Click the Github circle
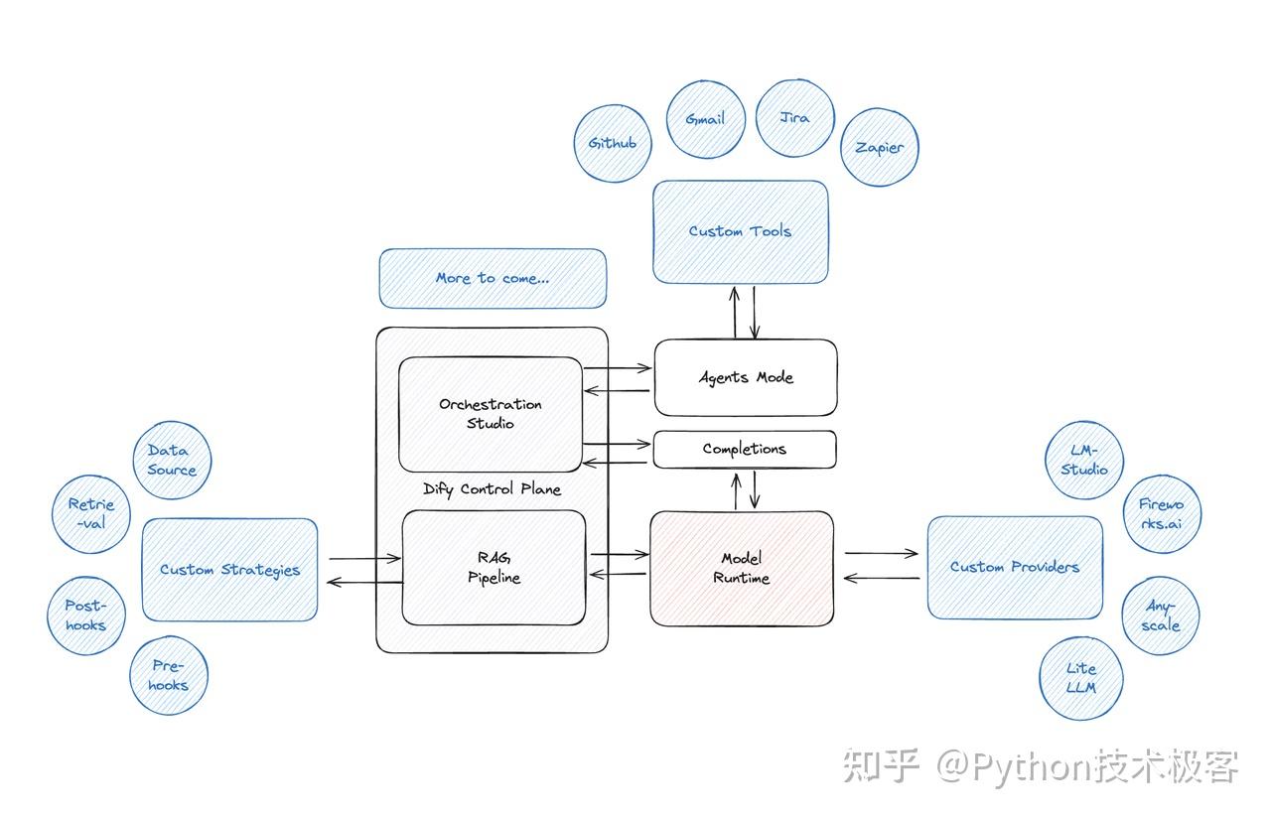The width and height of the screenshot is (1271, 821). click(612, 143)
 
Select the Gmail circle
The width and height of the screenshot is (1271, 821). click(705, 118)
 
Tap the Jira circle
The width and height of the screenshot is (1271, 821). click(794, 117)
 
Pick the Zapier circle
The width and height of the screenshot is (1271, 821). click(880, 147)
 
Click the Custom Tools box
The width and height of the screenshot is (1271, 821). click(740, 231)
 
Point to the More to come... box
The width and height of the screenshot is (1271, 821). click(492, 278)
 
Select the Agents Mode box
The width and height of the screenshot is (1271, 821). click(745, 377)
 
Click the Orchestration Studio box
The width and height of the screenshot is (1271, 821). click(491, 414)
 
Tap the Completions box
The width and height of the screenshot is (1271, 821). click(744, 449)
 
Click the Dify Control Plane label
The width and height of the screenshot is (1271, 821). click(492, 489)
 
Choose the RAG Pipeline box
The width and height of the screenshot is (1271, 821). click(494, 568)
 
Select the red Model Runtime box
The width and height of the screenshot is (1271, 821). click(741, 568)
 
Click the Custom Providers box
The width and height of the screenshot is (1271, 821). click(1014, 567)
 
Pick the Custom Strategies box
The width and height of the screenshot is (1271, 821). click(229, 570)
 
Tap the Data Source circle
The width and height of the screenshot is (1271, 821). click(172, 460)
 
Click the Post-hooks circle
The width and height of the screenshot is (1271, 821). click(85, 616)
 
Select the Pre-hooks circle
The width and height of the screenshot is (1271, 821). click(169, 675)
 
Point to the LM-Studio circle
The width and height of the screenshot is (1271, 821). click(1083, 460)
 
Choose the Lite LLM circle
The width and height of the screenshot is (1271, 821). click(1080, 678)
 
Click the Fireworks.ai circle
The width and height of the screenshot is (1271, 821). click(1161, 513)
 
